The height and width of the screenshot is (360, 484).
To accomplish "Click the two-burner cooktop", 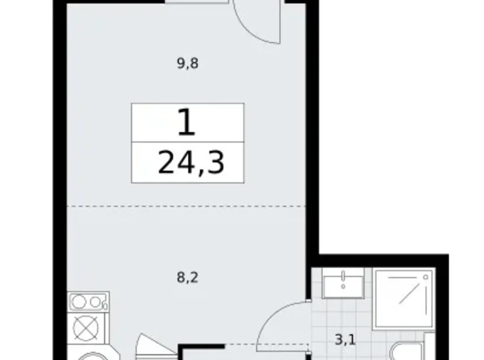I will coord(87,302).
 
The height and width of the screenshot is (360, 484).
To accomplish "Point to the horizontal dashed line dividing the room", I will coord(186,205).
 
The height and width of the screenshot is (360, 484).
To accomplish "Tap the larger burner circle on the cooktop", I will coord(80,302).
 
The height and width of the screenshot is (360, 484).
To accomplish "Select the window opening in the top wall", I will coord(193,3).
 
